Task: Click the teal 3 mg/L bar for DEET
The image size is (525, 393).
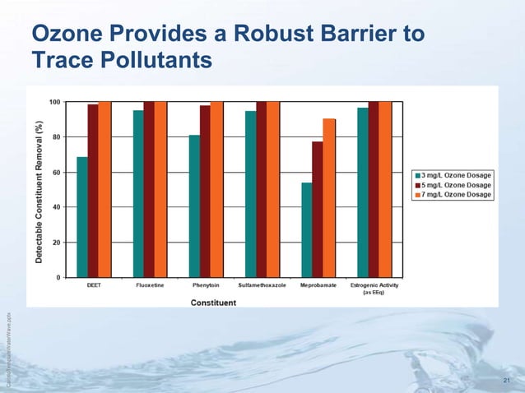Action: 81,217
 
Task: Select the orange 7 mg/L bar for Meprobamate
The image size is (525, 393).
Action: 329,198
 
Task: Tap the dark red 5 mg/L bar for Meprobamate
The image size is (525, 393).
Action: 318,210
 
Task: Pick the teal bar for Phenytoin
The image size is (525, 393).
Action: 194,206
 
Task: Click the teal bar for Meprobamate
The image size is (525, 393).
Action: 306,229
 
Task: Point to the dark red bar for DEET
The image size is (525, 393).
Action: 93,191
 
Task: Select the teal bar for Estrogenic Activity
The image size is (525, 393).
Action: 362,192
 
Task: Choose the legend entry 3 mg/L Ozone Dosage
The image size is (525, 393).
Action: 455,175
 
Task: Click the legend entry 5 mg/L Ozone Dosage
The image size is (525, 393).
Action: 455,185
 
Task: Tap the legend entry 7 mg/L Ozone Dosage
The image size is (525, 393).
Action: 455,195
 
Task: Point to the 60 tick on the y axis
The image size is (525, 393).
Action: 53,172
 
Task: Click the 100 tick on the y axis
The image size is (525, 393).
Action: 52,102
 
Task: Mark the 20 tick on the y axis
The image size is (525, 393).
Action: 53,243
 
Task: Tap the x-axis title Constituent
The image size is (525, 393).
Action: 214,303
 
